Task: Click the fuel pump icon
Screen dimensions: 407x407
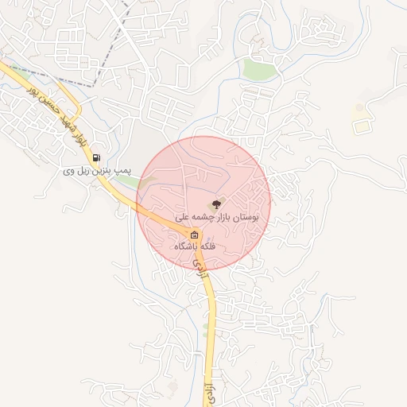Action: click(x=97, y=158)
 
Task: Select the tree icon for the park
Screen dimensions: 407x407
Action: click(x=219, y=204)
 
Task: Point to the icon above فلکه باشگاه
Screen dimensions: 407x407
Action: click(x=195, y=235)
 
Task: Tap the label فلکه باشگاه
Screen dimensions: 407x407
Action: click(x=196, y=246)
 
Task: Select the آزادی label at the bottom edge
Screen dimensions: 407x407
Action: click(x=211, y=395)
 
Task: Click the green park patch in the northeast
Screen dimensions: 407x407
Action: click(x=259, y=69)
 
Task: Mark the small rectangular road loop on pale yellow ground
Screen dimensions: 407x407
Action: click(x=362, y=126)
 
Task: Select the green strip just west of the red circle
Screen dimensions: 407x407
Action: click(x=125, y=184)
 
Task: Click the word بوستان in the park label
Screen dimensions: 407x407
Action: click(x=254, y=216)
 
